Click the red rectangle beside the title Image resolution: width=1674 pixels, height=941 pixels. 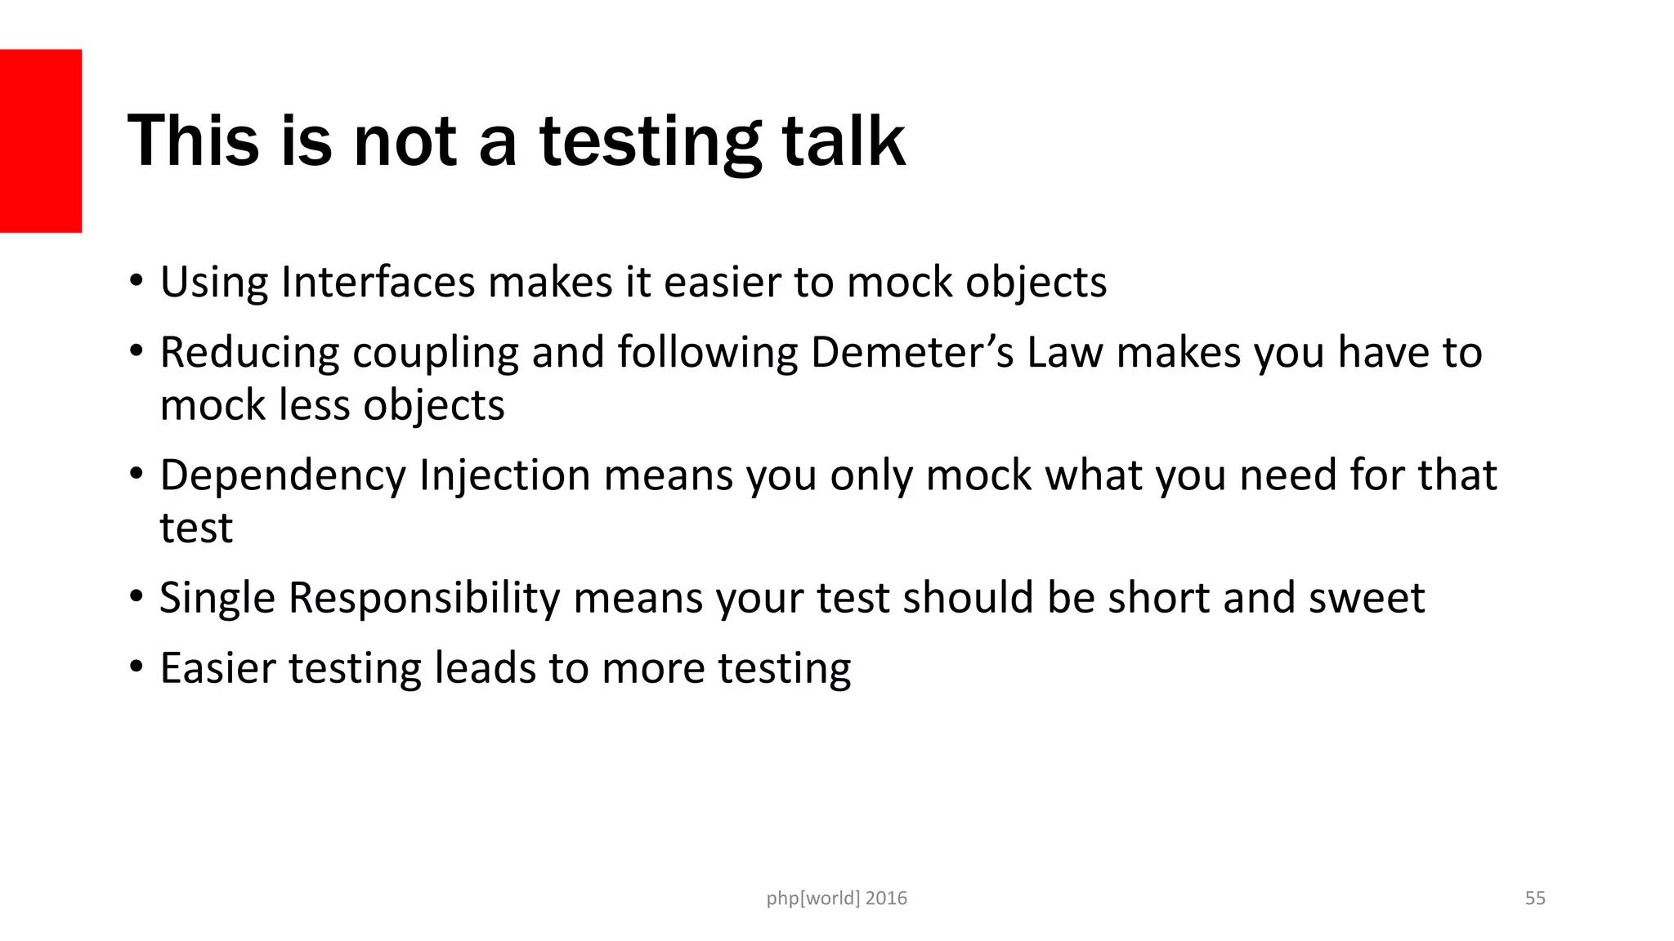point(41,140)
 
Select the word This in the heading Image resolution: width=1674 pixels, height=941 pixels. point(193,140)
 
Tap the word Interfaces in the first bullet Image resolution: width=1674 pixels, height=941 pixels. point(378,282)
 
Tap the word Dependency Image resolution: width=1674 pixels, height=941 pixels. point(282,476)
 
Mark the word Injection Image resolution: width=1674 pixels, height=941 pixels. point(504,476)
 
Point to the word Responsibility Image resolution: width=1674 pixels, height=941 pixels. point(424,599)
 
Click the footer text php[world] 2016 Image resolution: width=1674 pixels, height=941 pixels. point(836,898)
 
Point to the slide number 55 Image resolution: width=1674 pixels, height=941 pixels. point(1535,898)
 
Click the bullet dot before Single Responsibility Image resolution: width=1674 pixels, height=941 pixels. point(137,597)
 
